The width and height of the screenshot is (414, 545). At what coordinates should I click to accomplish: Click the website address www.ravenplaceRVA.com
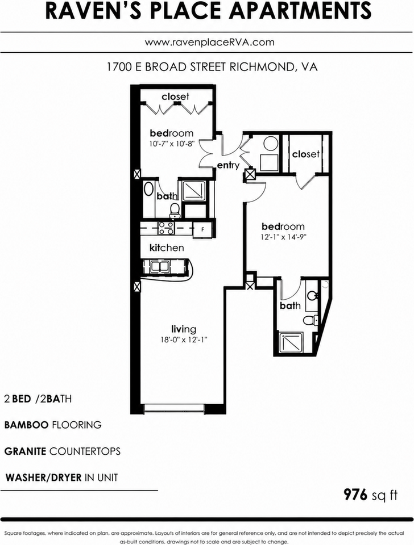210,43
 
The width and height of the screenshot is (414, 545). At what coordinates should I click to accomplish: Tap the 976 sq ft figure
370,494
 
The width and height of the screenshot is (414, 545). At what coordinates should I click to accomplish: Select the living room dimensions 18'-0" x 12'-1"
184,339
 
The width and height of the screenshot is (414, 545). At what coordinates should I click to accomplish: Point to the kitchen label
167,248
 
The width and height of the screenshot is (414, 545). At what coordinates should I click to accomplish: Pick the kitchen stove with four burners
167,228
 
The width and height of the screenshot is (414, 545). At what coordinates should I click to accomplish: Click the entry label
228,165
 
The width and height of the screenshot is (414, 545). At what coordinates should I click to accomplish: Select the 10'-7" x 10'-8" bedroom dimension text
171,143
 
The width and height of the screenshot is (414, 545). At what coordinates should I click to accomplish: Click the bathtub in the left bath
148,192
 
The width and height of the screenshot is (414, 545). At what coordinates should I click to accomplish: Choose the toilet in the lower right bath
310,320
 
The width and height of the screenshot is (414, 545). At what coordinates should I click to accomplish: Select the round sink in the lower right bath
312,296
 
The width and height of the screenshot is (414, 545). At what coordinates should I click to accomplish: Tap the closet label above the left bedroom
176,97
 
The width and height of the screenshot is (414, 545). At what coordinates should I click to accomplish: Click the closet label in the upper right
306,154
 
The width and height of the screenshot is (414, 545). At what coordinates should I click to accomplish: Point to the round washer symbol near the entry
270,143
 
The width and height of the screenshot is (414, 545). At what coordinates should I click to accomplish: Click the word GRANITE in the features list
25,451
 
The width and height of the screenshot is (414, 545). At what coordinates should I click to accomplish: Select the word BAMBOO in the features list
27,425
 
